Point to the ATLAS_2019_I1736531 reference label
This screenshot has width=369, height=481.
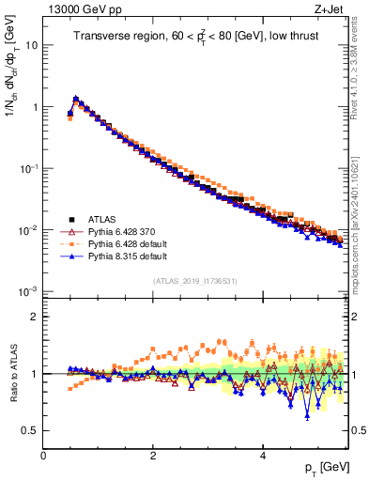[195, 281]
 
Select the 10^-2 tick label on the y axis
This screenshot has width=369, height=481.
[29, 230]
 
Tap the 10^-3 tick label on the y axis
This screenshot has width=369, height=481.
[29, 291]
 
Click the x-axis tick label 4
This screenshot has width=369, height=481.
[262, 455]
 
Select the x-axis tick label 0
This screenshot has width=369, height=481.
[43, 455]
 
